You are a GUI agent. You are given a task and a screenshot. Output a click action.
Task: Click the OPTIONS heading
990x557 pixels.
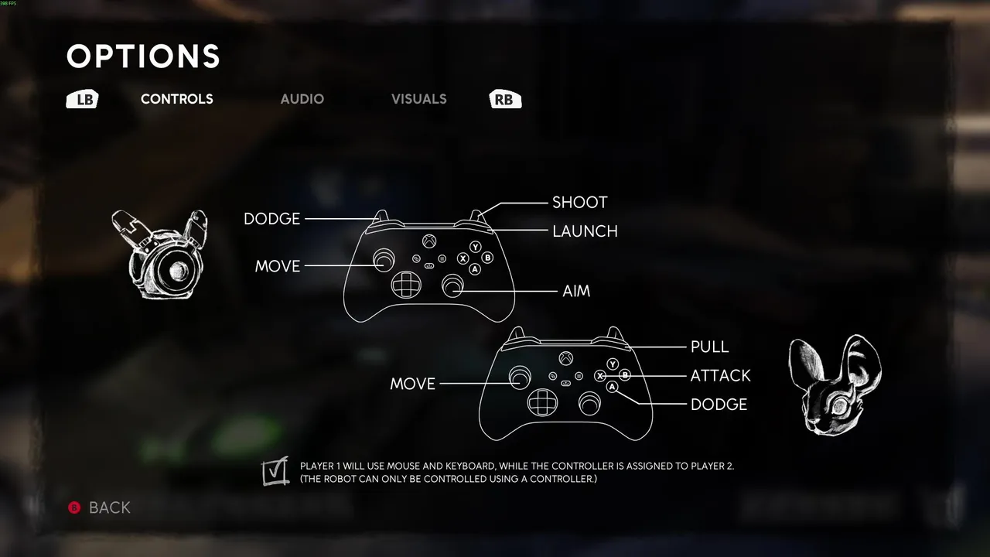click(143, 56)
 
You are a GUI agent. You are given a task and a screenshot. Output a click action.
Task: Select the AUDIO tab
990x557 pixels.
click(302, 99)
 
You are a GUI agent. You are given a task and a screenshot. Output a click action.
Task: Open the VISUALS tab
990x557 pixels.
click(419, 99)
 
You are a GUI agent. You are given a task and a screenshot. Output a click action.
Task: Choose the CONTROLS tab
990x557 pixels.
click(177, 99)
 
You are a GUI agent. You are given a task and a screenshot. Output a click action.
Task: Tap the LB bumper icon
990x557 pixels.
click(82, 99)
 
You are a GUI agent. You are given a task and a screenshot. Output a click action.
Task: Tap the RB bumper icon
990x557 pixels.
click(505, 99)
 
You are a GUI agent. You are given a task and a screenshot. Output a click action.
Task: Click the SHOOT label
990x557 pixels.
click(580, 203)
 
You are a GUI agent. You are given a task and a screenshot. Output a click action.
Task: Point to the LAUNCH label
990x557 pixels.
click(585, 231)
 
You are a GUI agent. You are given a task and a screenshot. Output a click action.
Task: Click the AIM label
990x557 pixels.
click(576, 291)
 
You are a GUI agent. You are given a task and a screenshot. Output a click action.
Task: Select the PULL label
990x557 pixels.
click(710, 347)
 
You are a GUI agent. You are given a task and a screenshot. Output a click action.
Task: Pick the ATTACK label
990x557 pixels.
click(720, 376)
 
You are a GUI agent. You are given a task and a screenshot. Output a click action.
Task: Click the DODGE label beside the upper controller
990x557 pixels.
click(271, 219)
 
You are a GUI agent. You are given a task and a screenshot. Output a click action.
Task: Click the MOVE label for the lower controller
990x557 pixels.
click(412, 384)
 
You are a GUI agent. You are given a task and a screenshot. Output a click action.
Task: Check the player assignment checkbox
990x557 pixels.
click(275, 471)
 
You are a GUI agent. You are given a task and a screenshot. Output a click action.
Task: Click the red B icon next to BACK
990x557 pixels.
click(74, 507)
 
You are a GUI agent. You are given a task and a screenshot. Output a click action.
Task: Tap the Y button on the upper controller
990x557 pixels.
click(476, 247)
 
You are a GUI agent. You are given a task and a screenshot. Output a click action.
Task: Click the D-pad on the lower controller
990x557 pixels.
click(542, 402)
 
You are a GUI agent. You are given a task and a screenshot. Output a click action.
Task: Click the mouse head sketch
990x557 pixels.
click(835, 384)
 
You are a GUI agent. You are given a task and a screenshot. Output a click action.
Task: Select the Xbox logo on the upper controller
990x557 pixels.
click(429, 241)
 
